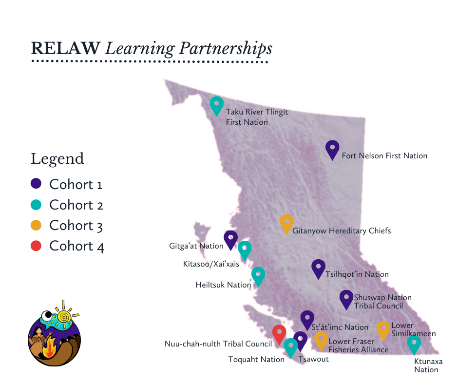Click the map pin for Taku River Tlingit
(216, 105)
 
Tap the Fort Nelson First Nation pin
(332, 149)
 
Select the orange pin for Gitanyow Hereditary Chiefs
(287, 223)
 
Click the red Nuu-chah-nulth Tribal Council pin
(279, 333)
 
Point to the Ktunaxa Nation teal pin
(414, 344)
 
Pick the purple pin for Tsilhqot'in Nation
(318, 268)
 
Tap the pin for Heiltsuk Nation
(258, 275)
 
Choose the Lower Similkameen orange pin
(383, 329)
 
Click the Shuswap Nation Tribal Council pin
(346, 298)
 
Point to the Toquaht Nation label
(256, 360)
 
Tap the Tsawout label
(313, 359)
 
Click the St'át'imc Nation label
(340, 327)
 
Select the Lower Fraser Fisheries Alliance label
(358, 346)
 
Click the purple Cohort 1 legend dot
(36, 184)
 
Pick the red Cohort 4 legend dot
(36, 246)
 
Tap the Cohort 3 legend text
(76, 226)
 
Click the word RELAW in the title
(65, 48)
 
